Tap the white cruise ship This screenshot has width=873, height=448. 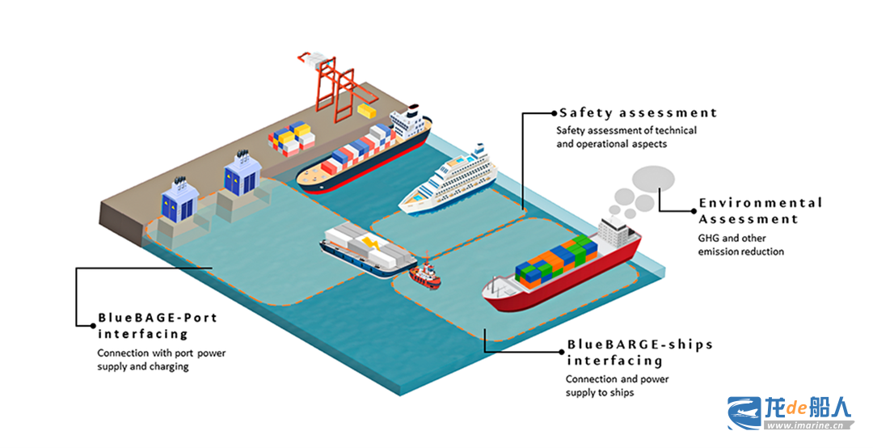(x=449, y=181)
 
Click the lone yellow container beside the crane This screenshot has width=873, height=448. (x=367, y=110)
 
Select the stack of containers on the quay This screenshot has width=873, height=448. (x=292, y=138)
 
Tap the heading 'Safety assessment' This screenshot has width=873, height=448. (x=638, y=113)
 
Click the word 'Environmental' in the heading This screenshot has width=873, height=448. (x=761, y=203)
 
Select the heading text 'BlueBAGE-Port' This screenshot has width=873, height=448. (x=158, y=318)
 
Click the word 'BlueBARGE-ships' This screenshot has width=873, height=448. (x=639, y=344)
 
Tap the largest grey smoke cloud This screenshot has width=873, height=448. (x=653, y=179)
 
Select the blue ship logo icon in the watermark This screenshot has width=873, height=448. (x=744, y=413)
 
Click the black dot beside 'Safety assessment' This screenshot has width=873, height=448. (x=554, y=113)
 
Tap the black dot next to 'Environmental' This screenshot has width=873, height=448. (x=694, y=211)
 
